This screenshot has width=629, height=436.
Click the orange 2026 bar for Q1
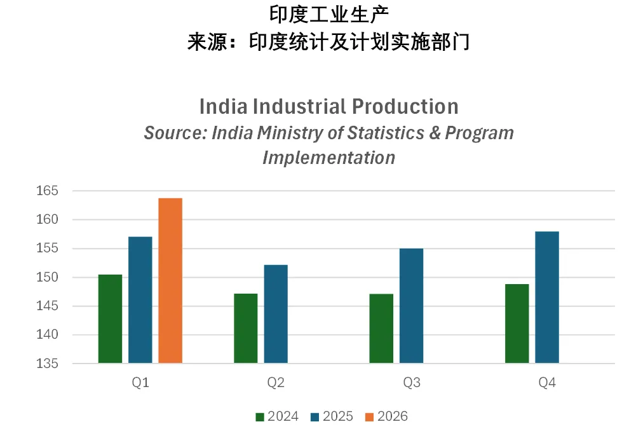[170, 280]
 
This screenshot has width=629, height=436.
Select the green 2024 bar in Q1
[111, 319]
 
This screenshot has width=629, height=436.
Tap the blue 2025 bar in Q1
[140, 300]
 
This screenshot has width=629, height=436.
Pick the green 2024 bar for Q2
[246, 329]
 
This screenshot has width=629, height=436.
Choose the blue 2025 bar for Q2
[276, 314]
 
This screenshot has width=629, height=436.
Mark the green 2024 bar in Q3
[381, 329]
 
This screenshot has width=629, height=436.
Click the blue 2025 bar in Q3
[412, 306]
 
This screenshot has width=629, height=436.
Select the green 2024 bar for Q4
[517, 324]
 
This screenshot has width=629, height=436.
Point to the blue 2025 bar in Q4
[547, 297]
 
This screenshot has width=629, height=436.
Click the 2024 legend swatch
[260, 417]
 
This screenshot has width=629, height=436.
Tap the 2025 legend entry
[332, 416]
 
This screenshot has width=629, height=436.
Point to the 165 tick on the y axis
[48, 191]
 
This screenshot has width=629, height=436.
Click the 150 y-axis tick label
[48, 277]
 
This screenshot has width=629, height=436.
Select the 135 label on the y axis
[48, 364]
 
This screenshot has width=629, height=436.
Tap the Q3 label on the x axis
[412, 383]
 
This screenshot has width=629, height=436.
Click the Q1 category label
[140, 383]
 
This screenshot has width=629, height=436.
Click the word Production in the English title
[405, 107]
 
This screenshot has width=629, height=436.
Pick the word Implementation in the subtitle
[329, 158]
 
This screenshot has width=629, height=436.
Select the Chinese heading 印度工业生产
[329, 15]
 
